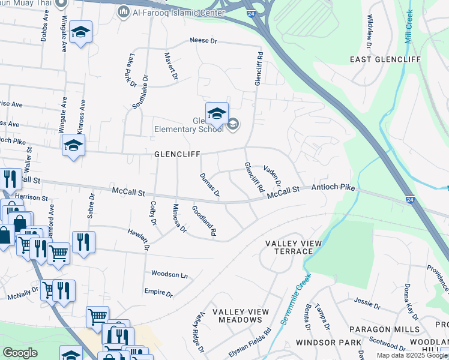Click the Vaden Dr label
tap(273, 176)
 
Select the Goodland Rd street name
tap(204, 220)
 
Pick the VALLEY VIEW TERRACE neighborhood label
tap(294, 247)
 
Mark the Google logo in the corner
tap(20, 353)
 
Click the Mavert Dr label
tap(172, 65)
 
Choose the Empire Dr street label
tap(158, 295)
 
